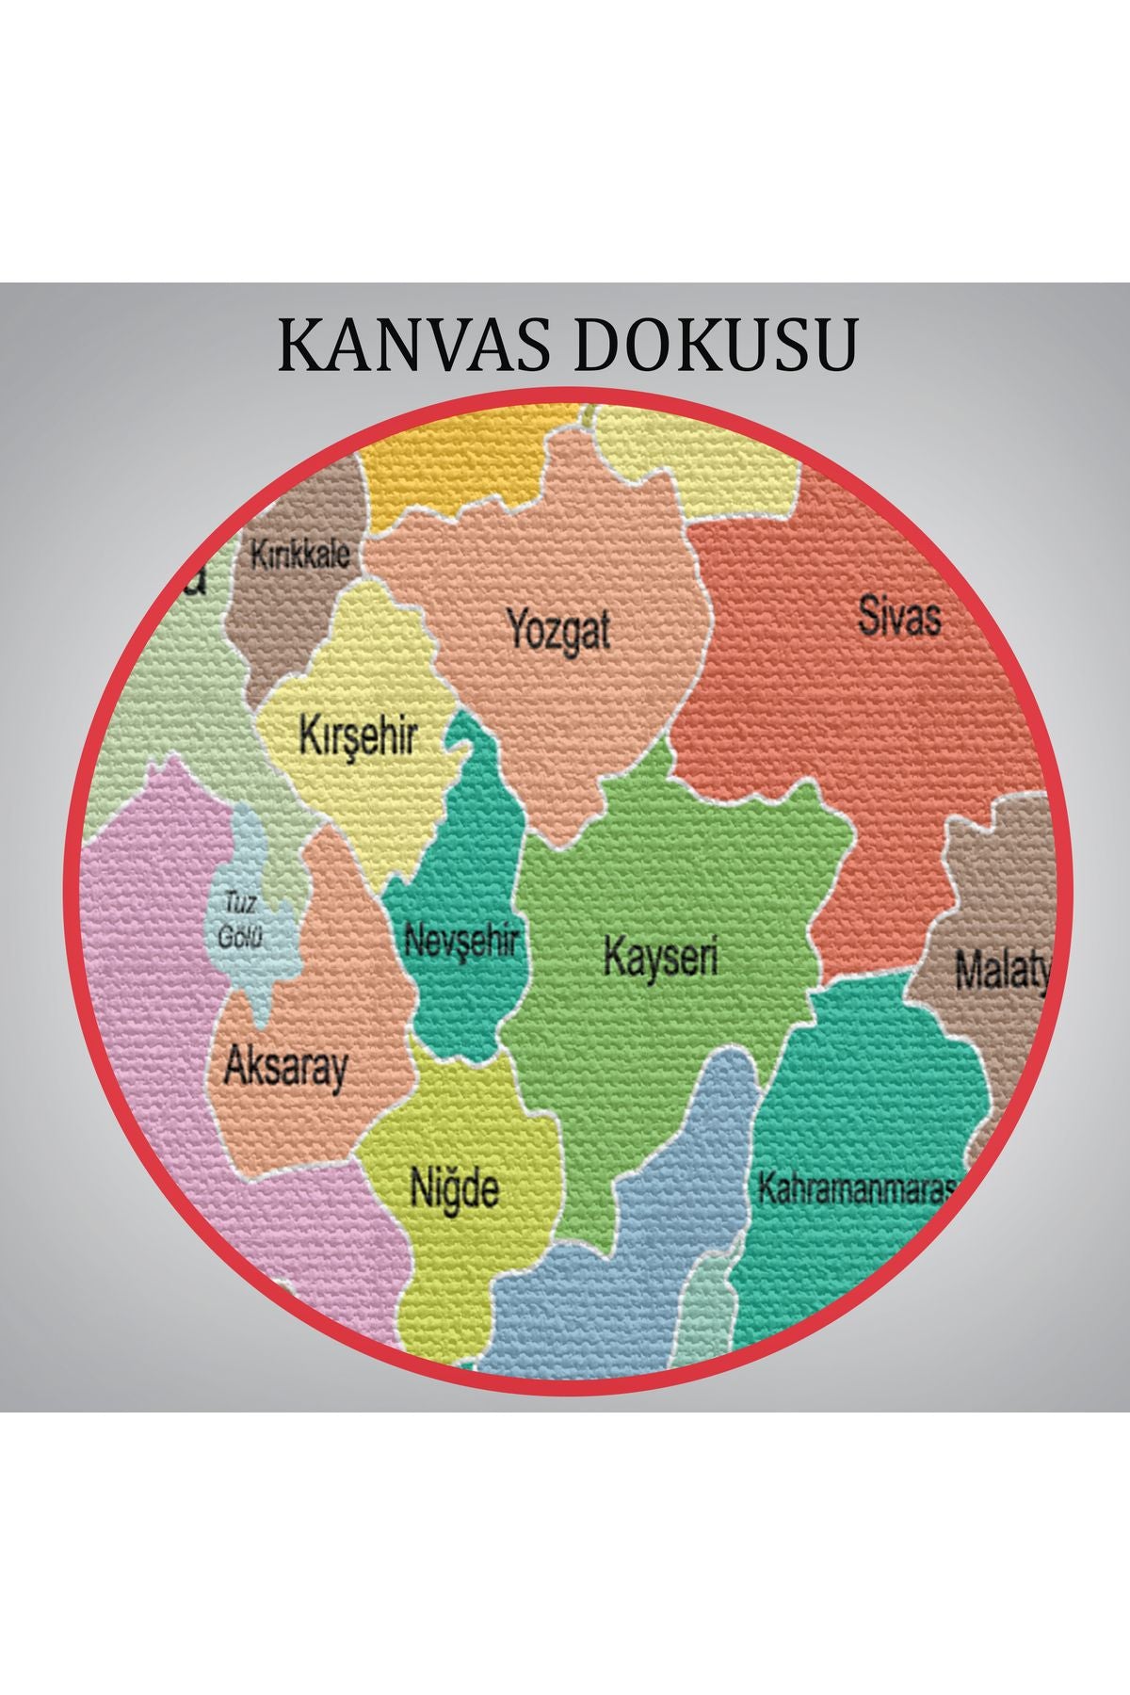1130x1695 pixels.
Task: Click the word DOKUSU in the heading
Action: pos(716,346)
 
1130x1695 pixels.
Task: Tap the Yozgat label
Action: pos(558,628)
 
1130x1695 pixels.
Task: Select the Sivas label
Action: pos(899,617)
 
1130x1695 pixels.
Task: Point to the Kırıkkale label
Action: pos(299,553)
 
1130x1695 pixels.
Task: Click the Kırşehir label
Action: pos(357,735)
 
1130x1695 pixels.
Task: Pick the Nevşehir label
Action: pos(461,939)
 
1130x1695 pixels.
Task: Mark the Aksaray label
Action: pos(285,1068)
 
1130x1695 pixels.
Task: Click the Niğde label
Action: pos(454,1188)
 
